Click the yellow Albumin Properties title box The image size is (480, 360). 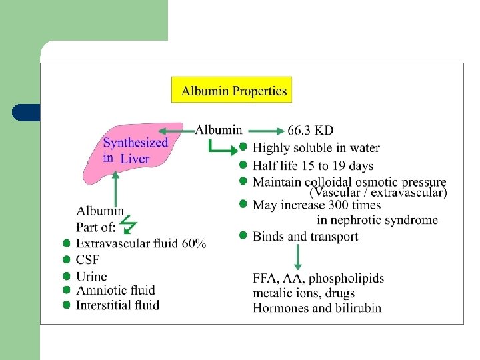tap(231, 91)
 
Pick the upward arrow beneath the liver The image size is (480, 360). tap(116, 187)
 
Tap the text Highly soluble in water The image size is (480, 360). tap(316, 148)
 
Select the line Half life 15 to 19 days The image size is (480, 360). tap(313, 165)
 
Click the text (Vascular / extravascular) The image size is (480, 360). tap(378, 193)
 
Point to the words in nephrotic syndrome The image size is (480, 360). tap(377, 220)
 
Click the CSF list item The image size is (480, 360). tap(87, 260)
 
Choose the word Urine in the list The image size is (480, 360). tap(91, 276)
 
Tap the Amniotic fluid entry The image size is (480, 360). tap(115, 290)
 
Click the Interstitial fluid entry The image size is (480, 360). tap(118, 305)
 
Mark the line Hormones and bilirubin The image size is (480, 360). tap(317, 307)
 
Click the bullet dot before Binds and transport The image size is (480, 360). tap(244, 235)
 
